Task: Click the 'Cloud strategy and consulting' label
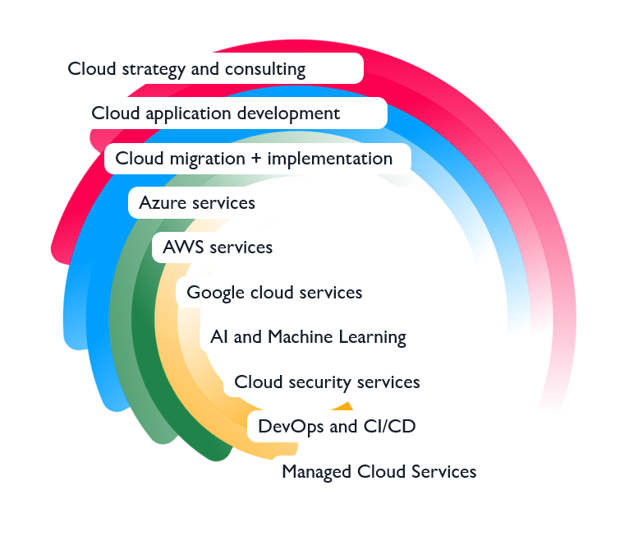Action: click(186, 69)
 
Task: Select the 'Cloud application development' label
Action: click(216, 113)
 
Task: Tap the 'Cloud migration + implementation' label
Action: click(254, 159)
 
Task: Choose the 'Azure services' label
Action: click(197, 202)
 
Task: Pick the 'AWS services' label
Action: click(218, 247)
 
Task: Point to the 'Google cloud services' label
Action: click(274, 293)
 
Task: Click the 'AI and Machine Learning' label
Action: click(308, 337)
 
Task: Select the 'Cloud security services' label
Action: click(327, 382)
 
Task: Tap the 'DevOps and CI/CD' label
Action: click(337, 426)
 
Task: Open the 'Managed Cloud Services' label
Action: click(379, 472)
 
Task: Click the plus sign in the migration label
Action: click(256, 159)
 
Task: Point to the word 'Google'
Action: click(216, 293)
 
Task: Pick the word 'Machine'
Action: click(301, 337)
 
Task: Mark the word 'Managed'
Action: click(317, 472)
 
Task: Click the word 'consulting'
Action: click(265, 70)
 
